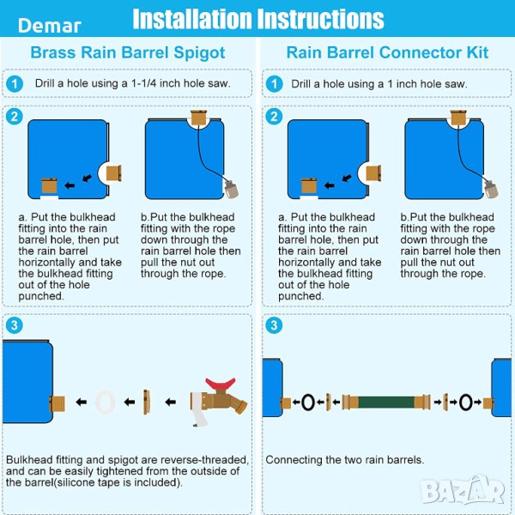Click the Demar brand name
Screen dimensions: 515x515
click(x=50, y=26)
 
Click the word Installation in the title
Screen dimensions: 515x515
click(x=192, y=20)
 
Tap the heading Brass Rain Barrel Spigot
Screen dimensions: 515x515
click(x=128, y=52)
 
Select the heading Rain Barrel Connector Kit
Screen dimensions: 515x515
click(x=387, y=52)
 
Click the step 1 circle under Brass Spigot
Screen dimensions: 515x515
click(x=15, y=84)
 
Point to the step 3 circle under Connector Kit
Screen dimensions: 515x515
click(x=274, y=325)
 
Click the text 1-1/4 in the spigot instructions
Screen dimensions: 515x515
click(x=144, y=83)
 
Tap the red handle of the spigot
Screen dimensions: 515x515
click(x=221, y=384)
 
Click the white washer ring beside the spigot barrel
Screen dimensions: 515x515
click(x=105, y=402)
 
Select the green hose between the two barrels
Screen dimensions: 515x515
click(x=386, y=402)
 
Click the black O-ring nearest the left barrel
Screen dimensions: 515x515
click(x=308, y=402)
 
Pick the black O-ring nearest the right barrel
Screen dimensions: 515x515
click(x=466, y=402)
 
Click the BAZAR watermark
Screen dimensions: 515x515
click(x=463, y=490)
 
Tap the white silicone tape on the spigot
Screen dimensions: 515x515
click(x=199, y=409)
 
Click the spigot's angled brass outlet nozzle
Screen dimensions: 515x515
click(x=240, y=405)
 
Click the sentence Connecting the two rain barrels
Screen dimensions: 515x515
click(x=344, y=459)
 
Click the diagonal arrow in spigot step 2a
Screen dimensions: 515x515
click(x=87, y=178)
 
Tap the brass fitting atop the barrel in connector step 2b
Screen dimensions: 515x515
click(x=458, y=118)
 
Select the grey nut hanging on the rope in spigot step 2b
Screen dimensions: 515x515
click(x=232, y=190)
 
